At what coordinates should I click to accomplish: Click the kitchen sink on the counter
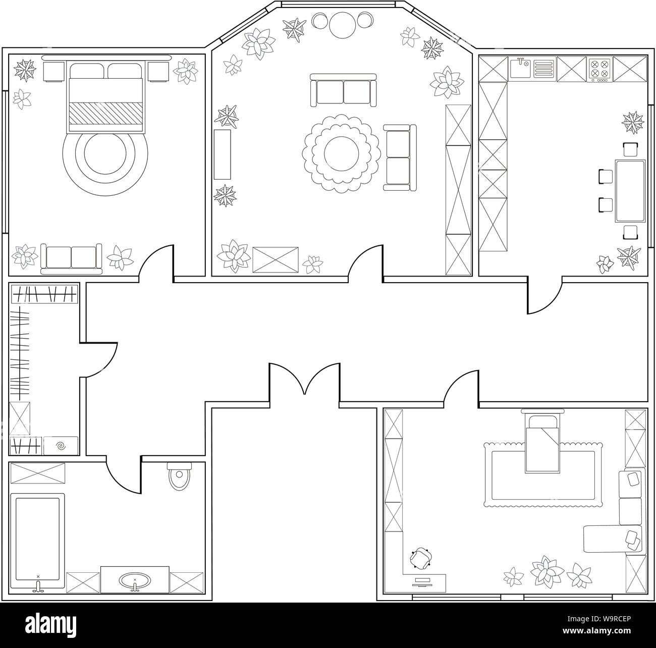520,69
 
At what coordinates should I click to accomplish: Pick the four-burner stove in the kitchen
599,69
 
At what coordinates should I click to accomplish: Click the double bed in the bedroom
106,96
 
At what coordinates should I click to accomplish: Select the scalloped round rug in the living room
341,153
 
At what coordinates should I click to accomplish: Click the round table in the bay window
343,25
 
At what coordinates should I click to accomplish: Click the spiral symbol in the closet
61,446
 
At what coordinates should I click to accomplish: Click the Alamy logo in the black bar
51,625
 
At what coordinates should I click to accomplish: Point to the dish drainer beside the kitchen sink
544,69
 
